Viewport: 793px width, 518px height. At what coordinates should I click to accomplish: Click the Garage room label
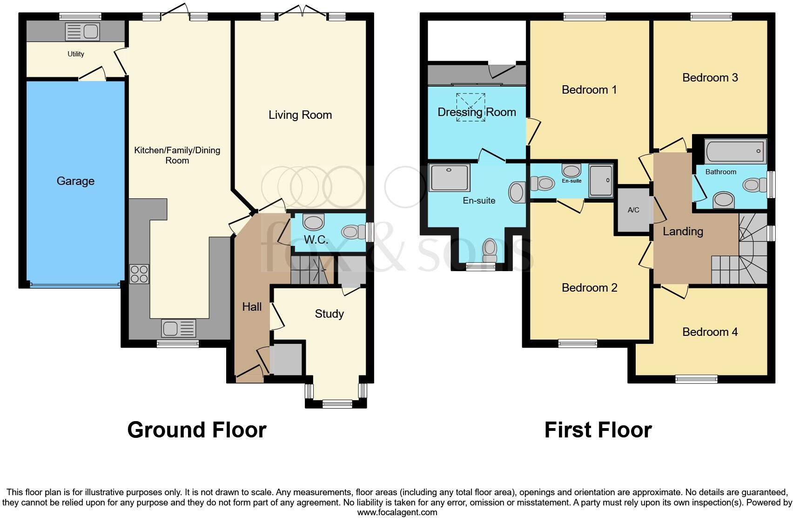[75, 181]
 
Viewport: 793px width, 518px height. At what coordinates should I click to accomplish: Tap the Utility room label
[76, 54]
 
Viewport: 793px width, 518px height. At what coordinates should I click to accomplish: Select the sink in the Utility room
[83, 32]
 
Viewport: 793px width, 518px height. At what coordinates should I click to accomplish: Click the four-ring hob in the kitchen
[139, 274]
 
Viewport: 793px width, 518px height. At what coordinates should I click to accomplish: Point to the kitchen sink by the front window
[179, 328]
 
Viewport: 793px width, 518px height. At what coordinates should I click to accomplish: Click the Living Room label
[300, 115]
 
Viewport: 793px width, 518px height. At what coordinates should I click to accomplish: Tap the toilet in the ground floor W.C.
[355, 232]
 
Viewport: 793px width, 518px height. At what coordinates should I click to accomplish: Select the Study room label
[329, 314]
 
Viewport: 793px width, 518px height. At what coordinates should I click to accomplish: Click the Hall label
[252, 307]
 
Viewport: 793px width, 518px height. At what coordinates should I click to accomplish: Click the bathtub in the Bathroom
[735, 151]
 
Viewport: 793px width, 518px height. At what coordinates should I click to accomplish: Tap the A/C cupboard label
[633, 210]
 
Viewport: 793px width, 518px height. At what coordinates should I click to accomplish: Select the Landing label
[683, 232]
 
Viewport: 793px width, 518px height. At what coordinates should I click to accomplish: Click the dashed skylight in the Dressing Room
[470, 107]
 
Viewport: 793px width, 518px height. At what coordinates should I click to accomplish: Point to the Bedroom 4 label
[710, 332]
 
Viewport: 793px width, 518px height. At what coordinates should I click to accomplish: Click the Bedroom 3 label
[710, 78]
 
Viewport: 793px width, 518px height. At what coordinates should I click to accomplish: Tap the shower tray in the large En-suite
[450, 177]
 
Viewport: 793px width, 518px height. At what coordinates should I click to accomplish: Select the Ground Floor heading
[196, 430]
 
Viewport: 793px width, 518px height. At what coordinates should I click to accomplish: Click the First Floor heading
[598, 430]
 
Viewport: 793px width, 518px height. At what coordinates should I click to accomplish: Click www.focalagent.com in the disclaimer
[397, 512]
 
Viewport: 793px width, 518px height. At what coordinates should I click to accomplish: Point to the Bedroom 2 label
[589, 288]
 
